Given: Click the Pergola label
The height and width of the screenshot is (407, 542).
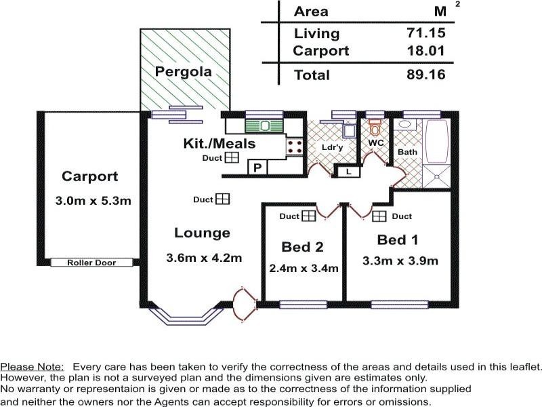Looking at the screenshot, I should [183, 71].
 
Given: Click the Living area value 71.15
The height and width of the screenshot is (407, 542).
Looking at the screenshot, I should [426, 33].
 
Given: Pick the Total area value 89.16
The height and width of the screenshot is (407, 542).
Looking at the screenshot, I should [426, 75].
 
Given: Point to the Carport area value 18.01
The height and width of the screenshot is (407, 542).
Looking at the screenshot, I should [426, 51].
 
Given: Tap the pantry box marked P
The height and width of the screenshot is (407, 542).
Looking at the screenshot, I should [257, 167].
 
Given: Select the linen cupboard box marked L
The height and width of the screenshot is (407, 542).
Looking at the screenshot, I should [348, 172].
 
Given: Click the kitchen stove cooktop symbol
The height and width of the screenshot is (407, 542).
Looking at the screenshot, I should [295, 145].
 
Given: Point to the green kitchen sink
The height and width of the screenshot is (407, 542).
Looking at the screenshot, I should [258, 125].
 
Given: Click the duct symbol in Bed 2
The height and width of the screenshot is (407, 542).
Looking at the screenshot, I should [308, 216].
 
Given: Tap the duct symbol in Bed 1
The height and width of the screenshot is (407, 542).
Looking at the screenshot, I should [379, 216].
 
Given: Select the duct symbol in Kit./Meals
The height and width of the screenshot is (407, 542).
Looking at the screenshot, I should [232, 158].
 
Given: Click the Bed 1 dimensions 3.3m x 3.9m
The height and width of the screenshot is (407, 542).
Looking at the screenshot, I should [400, 260].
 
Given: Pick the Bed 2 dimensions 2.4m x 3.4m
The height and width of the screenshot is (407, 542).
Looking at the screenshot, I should [304, 267].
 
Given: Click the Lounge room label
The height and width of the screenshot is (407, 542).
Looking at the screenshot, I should [202, 233].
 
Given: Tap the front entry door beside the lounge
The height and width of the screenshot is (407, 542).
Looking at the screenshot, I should [244, 303].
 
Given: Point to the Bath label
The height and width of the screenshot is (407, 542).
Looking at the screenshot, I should [407, 152].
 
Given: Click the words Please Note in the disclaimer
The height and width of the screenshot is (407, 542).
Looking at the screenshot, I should [32, 366].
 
